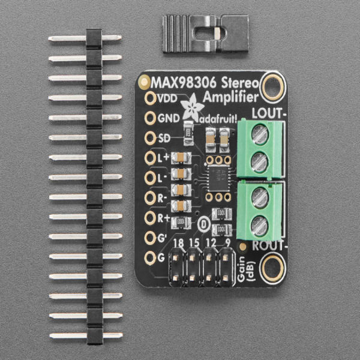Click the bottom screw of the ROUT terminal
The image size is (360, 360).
coord(259,226)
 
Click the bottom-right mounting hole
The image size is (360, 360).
coord(272,265)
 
